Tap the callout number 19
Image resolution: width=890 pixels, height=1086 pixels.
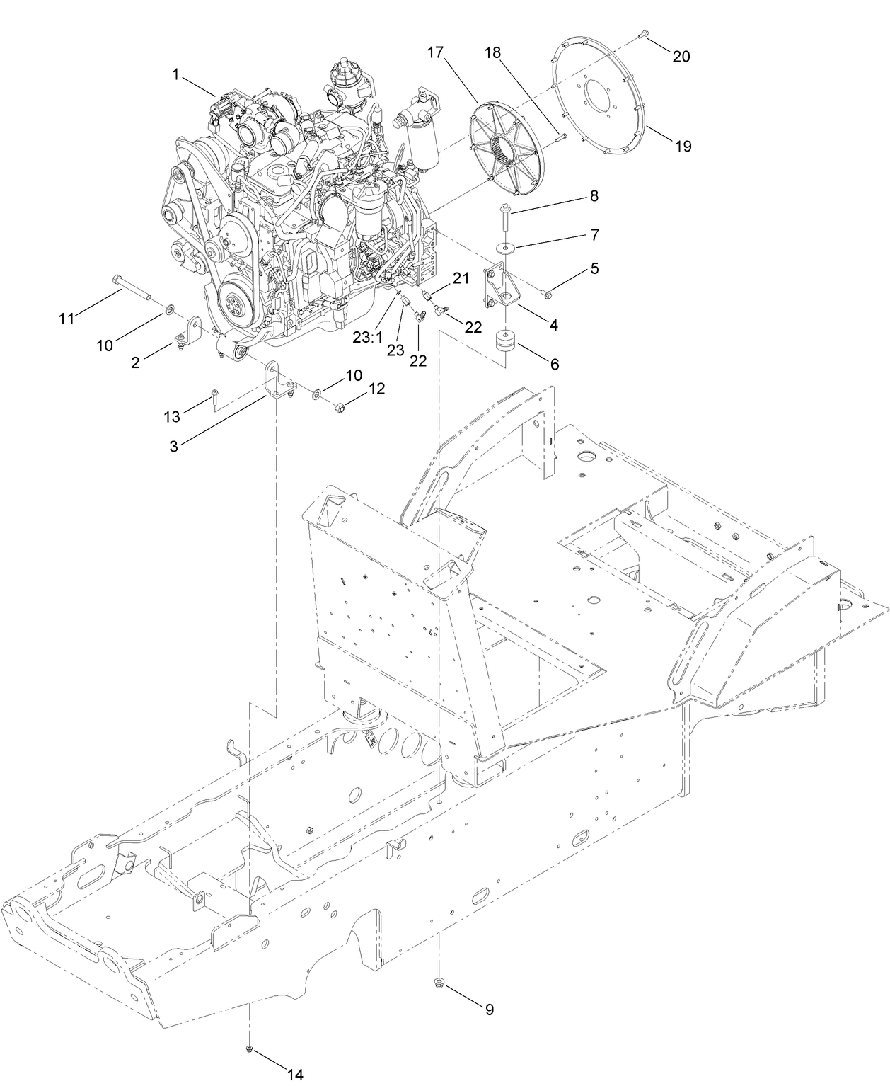[x=683, y=147]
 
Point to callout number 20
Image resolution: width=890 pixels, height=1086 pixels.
[x=681, y=57]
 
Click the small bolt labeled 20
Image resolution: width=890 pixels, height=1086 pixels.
[x=644, y=33]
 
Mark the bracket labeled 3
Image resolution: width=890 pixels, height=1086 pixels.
[x=277, y=382]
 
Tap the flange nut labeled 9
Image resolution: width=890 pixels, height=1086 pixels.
[x=439, y=982]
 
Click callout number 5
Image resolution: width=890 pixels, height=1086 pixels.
[x=594, y=268]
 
